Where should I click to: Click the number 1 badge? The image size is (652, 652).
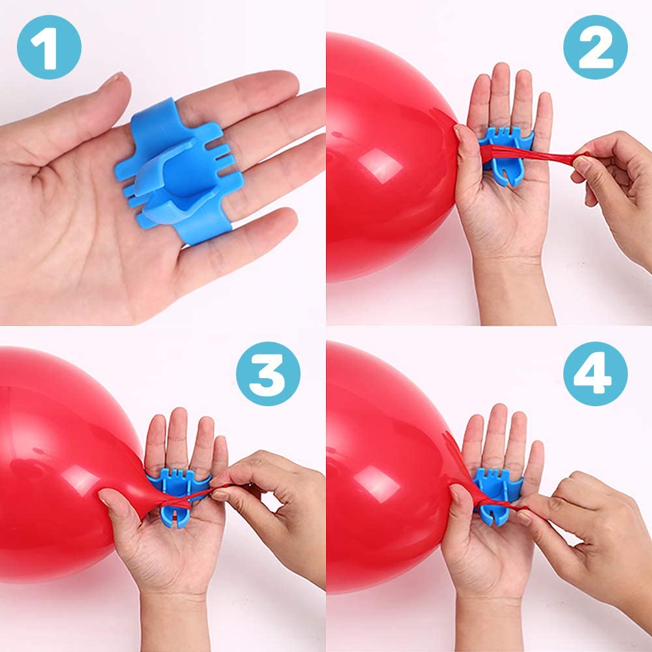pyautogui.click(x=49, y=47)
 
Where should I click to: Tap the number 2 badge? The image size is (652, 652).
pyautogui.click(x=595, y=47)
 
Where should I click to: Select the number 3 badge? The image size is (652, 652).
pyautogui.click(x=268, y=374)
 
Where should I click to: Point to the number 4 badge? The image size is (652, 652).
pyautogui.click(x=595, y=374)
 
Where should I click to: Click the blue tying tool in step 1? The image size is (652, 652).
pyautogui.click(x=179, y=170)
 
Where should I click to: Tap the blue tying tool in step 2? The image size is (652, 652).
pyautogui.click(x=506, y=155)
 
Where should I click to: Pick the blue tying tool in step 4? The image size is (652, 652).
pyautogui.click(x=497, y=495)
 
